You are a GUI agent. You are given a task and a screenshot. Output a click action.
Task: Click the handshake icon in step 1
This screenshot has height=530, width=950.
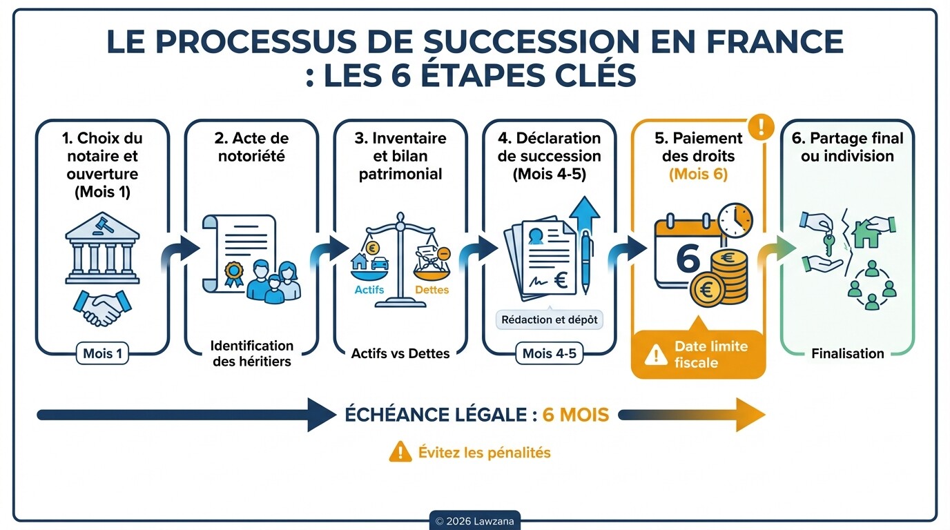[x=102, y=308]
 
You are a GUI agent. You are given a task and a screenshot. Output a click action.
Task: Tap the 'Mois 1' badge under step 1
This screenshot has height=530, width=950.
[x=102, y=353]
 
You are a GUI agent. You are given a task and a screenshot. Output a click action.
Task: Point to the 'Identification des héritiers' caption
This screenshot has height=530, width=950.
[x=252, y=353]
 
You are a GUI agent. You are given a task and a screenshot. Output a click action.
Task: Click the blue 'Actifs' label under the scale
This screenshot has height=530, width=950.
[x=369, y=290]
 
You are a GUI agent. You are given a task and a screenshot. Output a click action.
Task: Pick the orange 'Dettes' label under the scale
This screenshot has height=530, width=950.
[x=432, y=290]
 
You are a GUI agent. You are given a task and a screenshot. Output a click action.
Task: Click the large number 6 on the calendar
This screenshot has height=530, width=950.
[x=687, y=257]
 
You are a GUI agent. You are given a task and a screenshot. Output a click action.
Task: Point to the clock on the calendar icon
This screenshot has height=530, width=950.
[x=735, y=221]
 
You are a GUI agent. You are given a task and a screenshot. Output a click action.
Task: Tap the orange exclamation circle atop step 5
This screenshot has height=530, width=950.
[x=762, y=126]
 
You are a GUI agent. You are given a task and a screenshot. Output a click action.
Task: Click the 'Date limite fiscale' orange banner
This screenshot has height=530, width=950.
[x=699, y=354]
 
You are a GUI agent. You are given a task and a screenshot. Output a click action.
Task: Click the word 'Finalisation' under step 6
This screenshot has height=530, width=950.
[x=848, y=353]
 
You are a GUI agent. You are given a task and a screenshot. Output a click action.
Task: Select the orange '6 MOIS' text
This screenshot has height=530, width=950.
[x=575, y=415]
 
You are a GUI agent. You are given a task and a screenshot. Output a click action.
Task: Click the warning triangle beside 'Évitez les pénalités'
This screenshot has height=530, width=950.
[x=400, y=452]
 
